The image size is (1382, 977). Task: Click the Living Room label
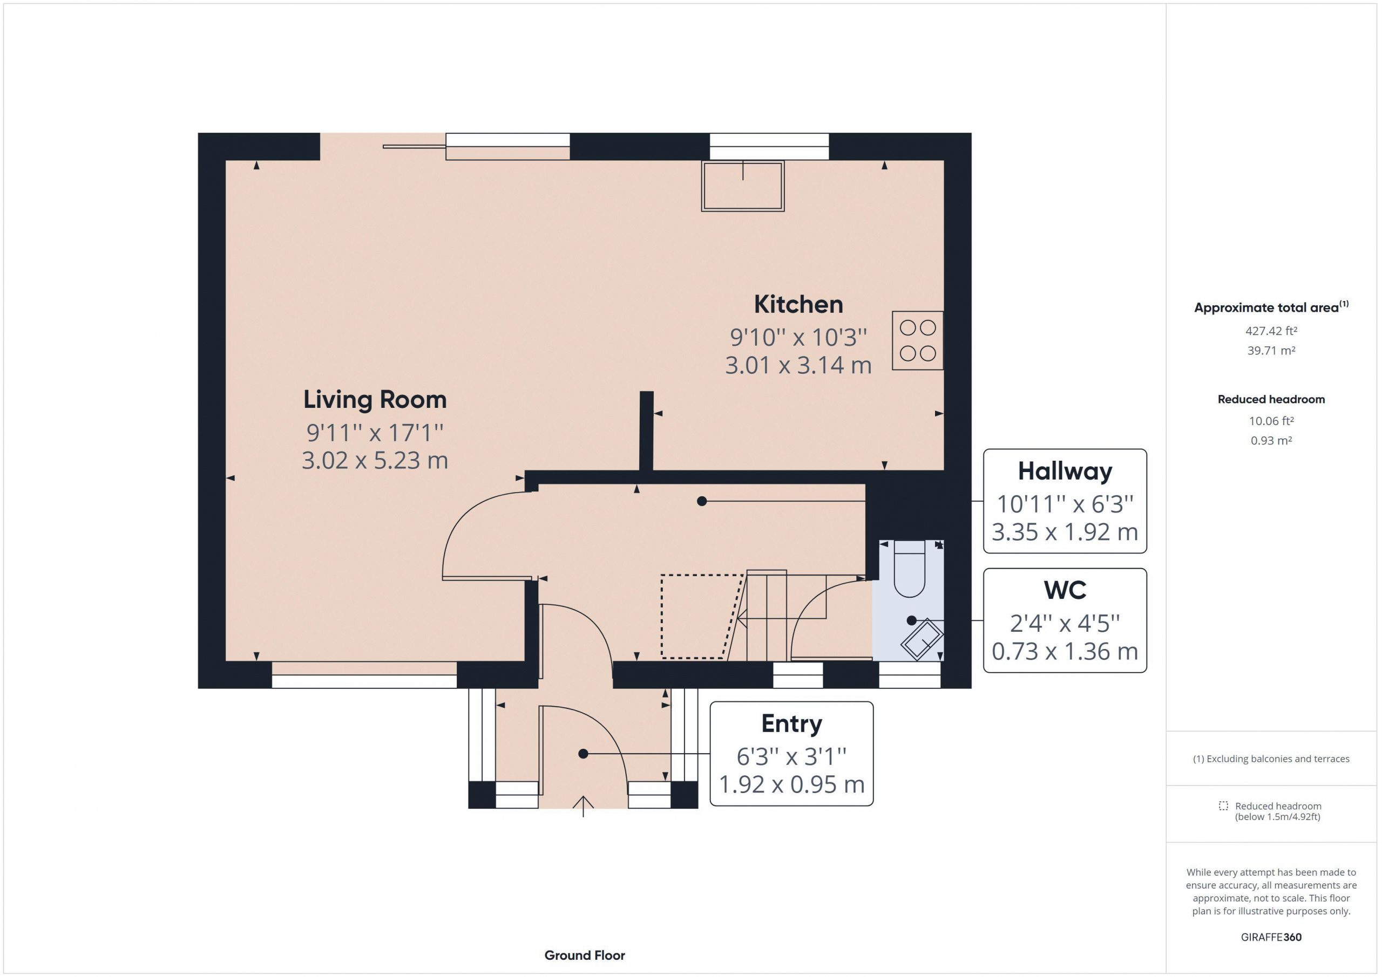click(375, 399)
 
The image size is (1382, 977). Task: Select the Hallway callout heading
click(1065, 472)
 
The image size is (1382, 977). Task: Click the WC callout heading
click(1065, 590)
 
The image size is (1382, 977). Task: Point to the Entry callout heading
click(791, 724)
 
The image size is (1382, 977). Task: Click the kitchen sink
click(743, 186)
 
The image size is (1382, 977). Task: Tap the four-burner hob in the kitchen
click(917, 340)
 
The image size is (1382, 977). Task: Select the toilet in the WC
click(909, 569)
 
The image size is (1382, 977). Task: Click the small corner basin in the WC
click(922, 639)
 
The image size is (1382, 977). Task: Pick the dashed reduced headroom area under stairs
click(701, 616)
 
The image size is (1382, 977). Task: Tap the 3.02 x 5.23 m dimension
click(375, 461)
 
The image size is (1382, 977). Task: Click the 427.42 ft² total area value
click(1271, 331)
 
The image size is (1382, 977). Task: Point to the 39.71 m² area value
click(1271, 350)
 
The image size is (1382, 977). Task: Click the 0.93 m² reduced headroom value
click(1271, 440)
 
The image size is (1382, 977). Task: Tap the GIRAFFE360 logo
click(1271, 937)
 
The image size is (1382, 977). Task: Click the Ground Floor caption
click(585, 955)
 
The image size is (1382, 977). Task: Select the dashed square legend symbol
click(1223, 805)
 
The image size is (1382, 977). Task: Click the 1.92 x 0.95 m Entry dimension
click(791, 784)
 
